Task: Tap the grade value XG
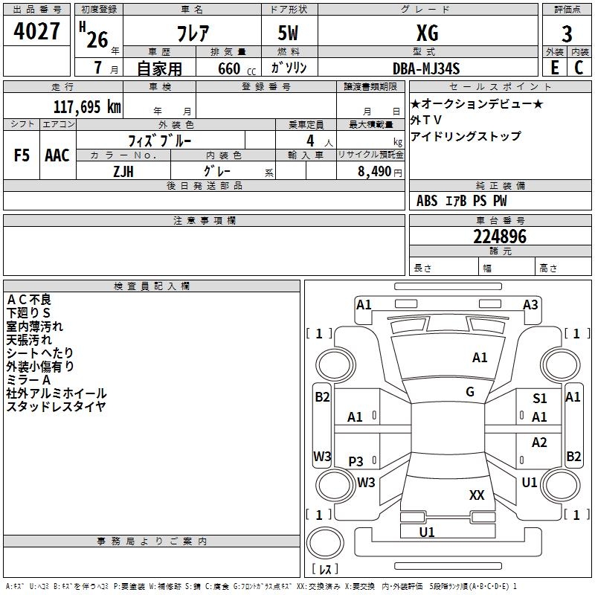pyautogui.click(x=427, y=33)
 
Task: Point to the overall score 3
pyautogui.click(x=567, y=34)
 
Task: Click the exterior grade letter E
pyautogui.click(x=554, y=68)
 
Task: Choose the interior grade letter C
pyautogui.click(x=579, y=68)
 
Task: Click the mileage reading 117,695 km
pyautogui.click(x=87, y=106)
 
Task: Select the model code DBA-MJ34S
pyautogui.click(x=427, y=68)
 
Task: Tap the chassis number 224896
pyautogui.click(x=500, y=237)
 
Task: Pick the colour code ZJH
pyautogui.click(x=123, y=170)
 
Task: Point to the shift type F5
pyautogui.click(x=22, y=155)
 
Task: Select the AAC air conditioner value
pyautogui.click(x=57, y=155)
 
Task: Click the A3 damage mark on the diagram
pyautogui.click(x=530, y=304)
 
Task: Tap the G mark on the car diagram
pyautogui.click(x=470, y=392)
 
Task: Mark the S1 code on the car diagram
pyautogui.click(x=540, y=399)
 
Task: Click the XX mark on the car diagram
pyautogui.click(x=477, y=495)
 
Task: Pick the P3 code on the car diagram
pyautogui.click(x=356, y=462)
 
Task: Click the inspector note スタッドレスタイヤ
pyautogui.click(x=56, y=406)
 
